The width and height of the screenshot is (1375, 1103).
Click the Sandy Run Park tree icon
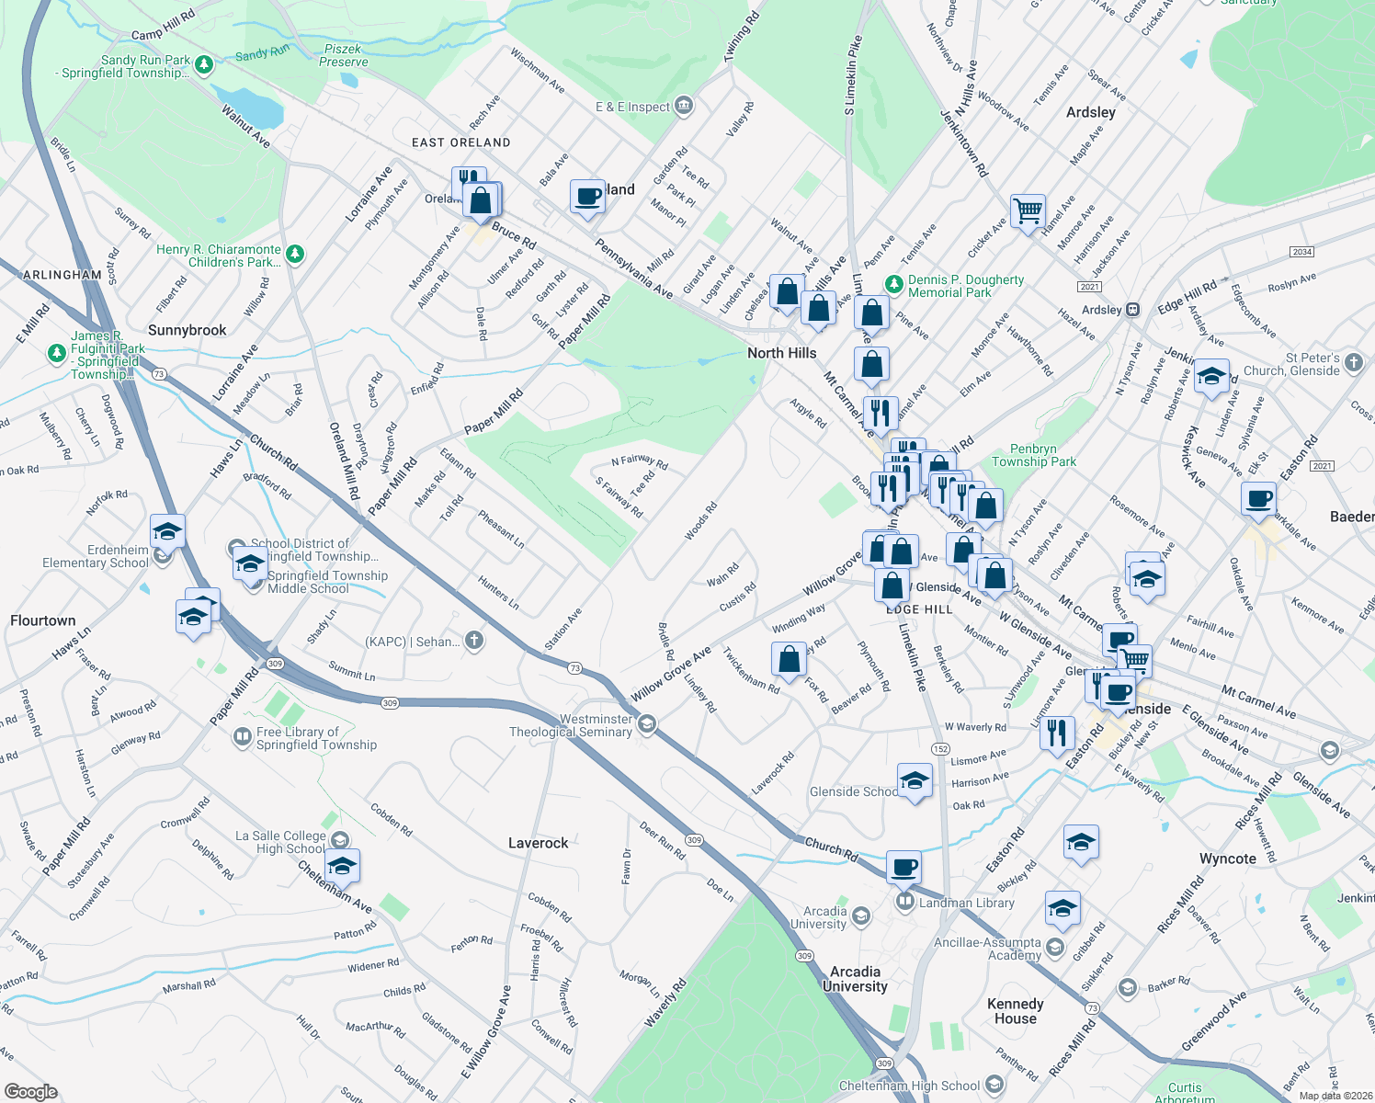pyautogui.click(x=204, y=64)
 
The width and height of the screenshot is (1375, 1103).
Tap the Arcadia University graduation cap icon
pyautogui.click(x=861, y=915)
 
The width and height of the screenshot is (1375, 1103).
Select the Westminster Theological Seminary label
pyautogui.click(x=571, y=725)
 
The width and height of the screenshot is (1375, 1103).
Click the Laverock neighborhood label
pyautogui.click(x=539, y=843)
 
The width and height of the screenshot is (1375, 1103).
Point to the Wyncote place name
pyautogui.click(x=1227, y=859)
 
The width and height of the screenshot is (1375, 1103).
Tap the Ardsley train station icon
pyautogui.click(x=1133, y=310)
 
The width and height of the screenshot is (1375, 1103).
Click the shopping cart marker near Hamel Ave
pyautogui.click(x=1028, y=211)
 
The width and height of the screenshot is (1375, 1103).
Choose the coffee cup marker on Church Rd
pyautogui.click(x=904, y=866)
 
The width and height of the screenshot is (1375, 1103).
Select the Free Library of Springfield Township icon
pyautogui.click(x=242, y=736)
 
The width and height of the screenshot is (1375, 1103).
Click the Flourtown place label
pyautogui.click(x=43, y=620)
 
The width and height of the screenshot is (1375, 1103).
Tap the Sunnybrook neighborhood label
pyautogui.click(x=187, y=330)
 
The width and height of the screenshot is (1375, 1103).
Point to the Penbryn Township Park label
pyautogui.click(x=1034, y=455)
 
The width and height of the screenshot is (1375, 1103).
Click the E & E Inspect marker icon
pyautogui.click(x=683, y=106)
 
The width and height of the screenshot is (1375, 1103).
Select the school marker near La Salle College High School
pyautogui.click(x=342, y=866)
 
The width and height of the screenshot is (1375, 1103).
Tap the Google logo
pyautogui.click(x=31, y=1091)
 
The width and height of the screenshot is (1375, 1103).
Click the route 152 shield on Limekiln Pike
pyautogui.click(x=940, y=749)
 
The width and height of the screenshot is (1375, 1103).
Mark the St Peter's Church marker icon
pyautogui.click(x=1354, y=363)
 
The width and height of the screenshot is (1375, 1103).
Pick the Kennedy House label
pyautogui.click(x=1015, y=1011)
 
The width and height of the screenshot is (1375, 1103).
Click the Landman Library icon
pyautogui.click(x=905, y=902)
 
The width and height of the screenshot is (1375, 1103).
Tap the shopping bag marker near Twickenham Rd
pyautogui.click(x=789, y=658)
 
